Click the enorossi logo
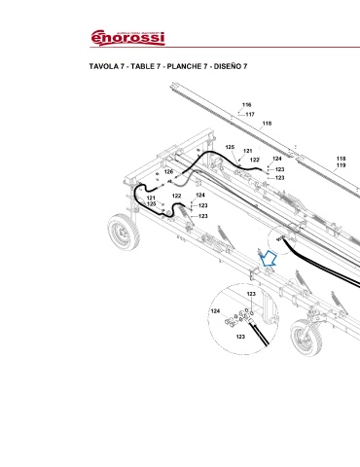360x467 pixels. point(127,38)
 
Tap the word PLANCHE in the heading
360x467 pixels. point(184,66)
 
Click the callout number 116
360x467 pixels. point(247,105)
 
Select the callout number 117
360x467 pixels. point(250,114)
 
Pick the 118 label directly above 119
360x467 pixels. point(341,159)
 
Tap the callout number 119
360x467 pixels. point(341,165)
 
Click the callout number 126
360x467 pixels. point(168,171)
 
